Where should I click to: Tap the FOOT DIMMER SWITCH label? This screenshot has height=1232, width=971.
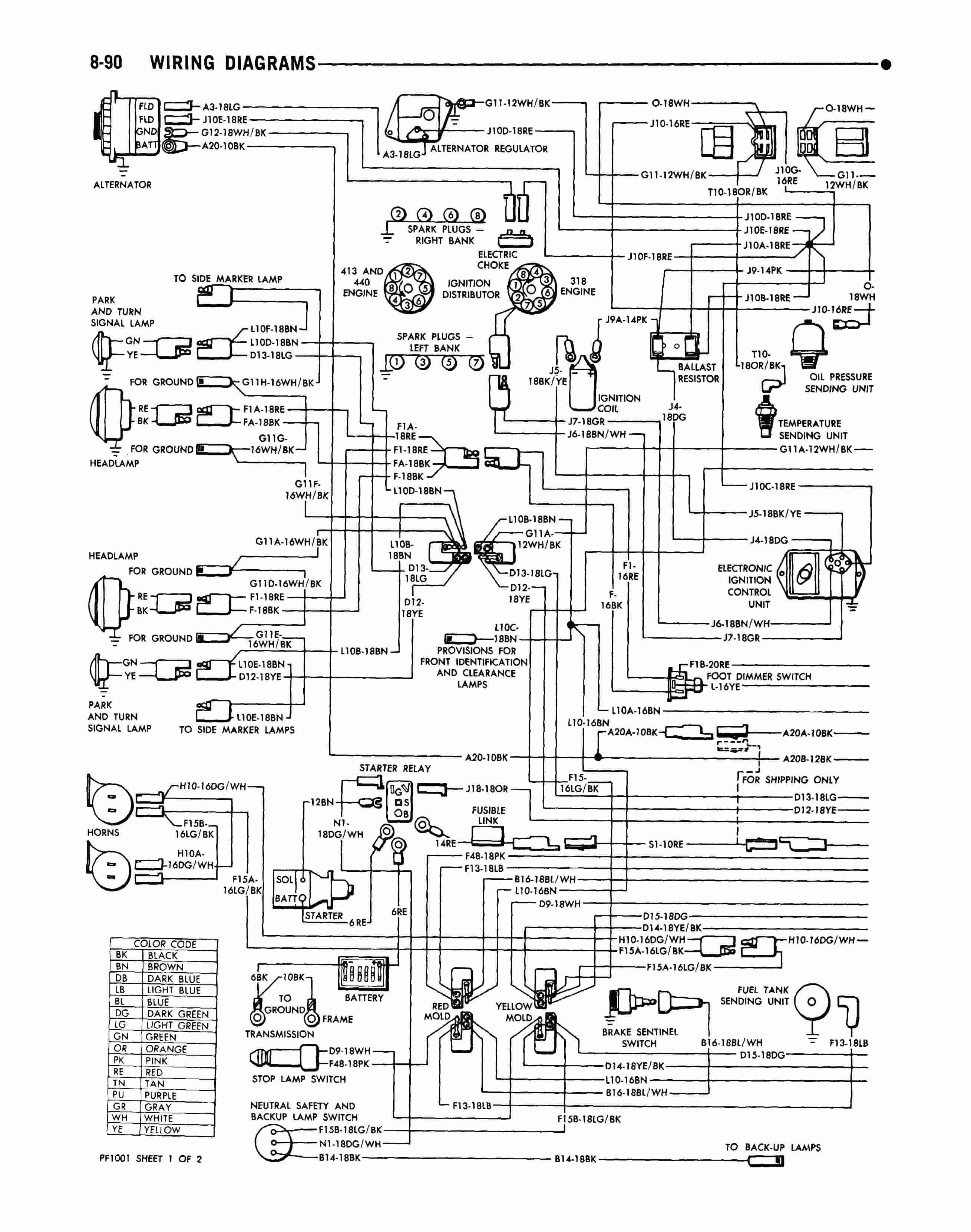759,676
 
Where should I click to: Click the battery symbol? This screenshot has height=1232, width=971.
364,974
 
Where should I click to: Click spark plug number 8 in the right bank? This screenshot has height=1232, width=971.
478,215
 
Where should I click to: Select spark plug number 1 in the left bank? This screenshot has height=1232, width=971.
396,362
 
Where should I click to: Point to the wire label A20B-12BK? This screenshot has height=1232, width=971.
807,759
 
